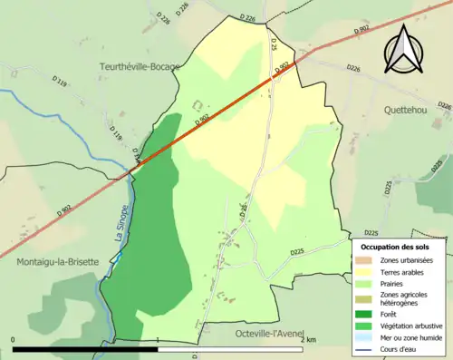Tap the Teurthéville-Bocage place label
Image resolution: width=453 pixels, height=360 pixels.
141,67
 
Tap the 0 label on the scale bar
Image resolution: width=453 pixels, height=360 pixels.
14,340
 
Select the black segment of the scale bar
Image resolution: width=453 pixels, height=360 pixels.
87,349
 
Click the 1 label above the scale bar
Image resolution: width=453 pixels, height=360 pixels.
159,340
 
